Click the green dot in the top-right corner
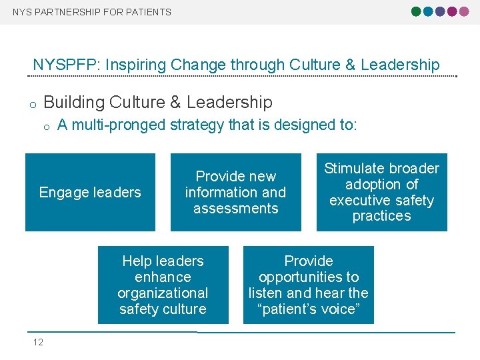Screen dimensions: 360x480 pos(417,11)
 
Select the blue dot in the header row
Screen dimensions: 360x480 pos(429,11)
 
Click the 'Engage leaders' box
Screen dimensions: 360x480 pos(90,193)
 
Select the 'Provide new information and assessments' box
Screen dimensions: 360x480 pos(235,193)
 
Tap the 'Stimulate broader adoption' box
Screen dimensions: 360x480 pos(381,192)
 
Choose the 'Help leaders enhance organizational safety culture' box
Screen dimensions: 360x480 pos(163,285)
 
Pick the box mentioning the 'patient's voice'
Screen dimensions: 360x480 pos(308,285)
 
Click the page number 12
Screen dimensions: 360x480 pos(38,342)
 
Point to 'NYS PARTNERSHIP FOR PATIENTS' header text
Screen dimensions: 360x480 pos(92,12)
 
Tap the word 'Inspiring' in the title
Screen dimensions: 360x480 pos(128,65)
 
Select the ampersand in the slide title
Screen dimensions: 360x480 pos(350,65)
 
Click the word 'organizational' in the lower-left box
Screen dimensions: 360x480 pos(163,293)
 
